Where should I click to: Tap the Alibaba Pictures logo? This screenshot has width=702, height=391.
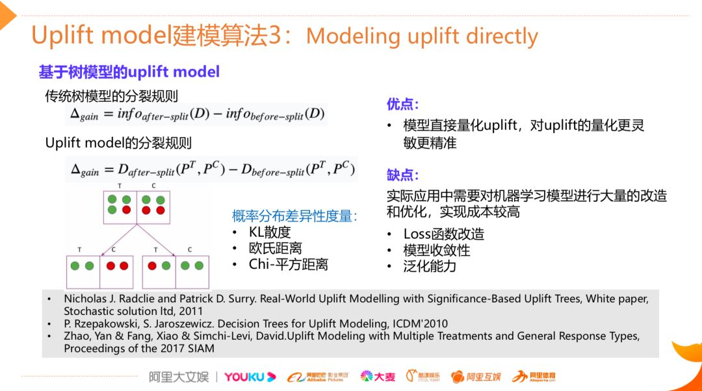click(x=318, y=377)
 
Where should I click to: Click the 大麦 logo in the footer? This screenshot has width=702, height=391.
click(x=378, y=377)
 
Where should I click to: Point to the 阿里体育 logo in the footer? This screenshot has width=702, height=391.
click(x=534, y=377)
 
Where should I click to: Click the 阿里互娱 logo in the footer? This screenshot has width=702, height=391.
click(x=476, y=377)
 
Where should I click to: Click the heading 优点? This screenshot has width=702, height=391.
click(x=402, y=104)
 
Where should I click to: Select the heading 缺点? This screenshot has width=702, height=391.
click(x=402, y=175)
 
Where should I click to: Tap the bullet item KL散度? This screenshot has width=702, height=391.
click(x=269, y=232)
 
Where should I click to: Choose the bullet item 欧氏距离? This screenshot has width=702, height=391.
click(x=275, y=248)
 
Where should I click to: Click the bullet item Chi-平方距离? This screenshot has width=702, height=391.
click(x=288, y=264)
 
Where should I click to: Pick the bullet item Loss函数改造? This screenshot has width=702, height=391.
click(x=443, y=234)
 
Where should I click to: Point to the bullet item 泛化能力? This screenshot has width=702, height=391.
click(x=429, y=266)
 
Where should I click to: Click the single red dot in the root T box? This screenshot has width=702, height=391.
click(x=126, y=210)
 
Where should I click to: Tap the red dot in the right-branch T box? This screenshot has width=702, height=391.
click(x=153, y=266)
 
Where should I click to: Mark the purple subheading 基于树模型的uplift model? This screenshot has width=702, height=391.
click(x=129, y=71)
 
